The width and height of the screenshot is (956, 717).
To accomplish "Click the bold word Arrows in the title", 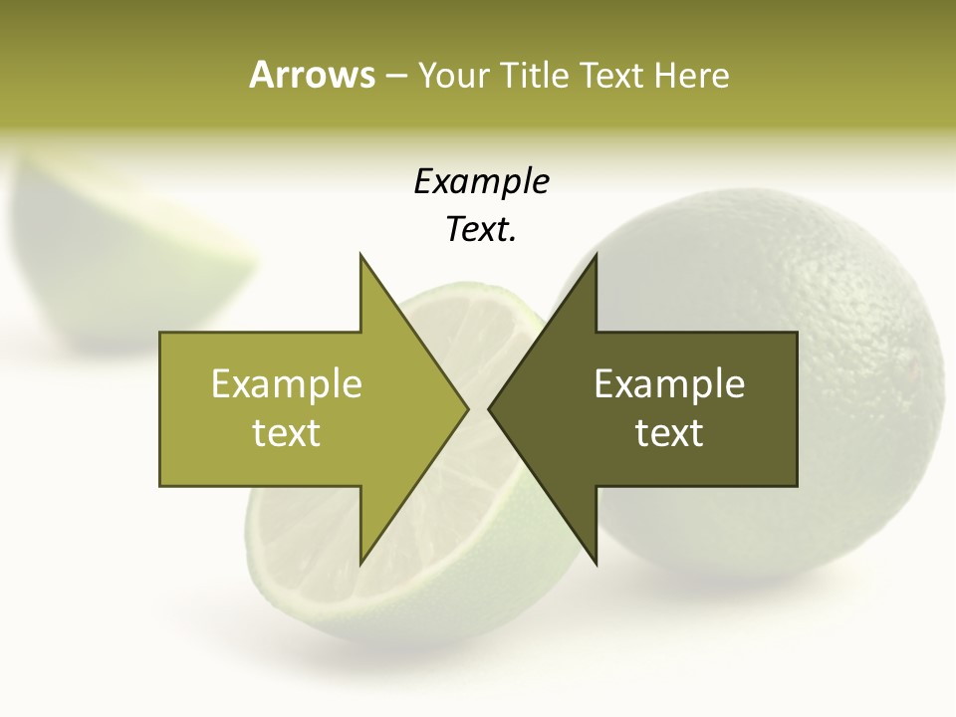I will (312, 75).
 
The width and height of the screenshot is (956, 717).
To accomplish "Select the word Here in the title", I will (691, 75).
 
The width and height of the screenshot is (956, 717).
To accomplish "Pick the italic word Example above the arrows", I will (481, 181).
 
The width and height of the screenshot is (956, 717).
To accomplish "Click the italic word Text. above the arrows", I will (481, 230).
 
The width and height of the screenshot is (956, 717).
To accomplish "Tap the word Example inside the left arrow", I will (287, 384).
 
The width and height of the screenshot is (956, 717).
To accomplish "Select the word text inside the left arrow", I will (287, 433).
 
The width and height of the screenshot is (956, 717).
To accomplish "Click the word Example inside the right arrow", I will (669, 384).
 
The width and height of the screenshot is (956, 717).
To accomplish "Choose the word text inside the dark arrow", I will (669, 433).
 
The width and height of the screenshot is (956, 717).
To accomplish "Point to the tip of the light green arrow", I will (466, 408).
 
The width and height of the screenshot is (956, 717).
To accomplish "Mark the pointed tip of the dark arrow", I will (491, 408).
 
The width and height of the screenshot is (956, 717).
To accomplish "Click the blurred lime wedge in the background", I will (119, 249).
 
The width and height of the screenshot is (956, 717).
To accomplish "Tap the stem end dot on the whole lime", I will (912, 370).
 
